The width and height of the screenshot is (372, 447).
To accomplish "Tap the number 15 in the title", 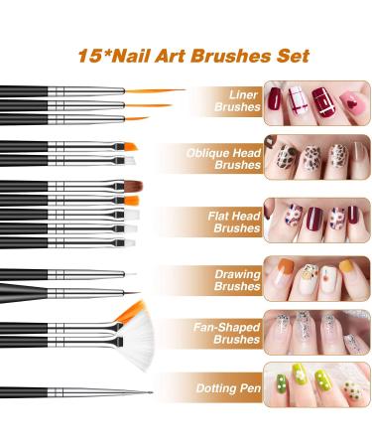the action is pyautogui.click(x=89, y=56).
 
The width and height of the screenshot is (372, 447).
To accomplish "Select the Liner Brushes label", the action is pyautogui.click(x=237, y=100).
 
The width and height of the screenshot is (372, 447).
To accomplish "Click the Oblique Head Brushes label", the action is pyautogui.click(x=223, y=159).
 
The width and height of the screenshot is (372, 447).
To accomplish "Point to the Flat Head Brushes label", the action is pyautogui.click(x=234, y=222).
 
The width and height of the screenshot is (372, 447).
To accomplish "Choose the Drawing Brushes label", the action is pyautogui.click(x=237, y=280).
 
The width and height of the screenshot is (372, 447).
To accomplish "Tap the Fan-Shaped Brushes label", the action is pyautogui.click(x=227, y=333).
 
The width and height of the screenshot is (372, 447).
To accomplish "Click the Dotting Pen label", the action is pyautogui.click(x=228, y=388).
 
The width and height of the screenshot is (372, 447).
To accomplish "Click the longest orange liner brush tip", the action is pyautogui.click(x=155, y=90).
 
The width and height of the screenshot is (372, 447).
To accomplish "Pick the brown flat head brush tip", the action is pyautogui.click(x=133, y=186).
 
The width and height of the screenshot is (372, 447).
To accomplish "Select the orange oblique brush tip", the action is pyautogui.click(x=130, y=146).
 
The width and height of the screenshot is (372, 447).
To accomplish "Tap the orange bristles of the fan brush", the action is pyautogui.click(x=131, y=312).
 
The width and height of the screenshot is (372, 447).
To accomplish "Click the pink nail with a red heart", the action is pyautogui.click(x=353, y=104).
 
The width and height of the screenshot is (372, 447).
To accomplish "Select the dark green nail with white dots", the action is pyautogui.click(x=282, y=383).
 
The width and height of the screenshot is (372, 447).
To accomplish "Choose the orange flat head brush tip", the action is pyautogui.click(x=131, y=201).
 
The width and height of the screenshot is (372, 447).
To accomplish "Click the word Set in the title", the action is pyautogui.click(x=293, y=56).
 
